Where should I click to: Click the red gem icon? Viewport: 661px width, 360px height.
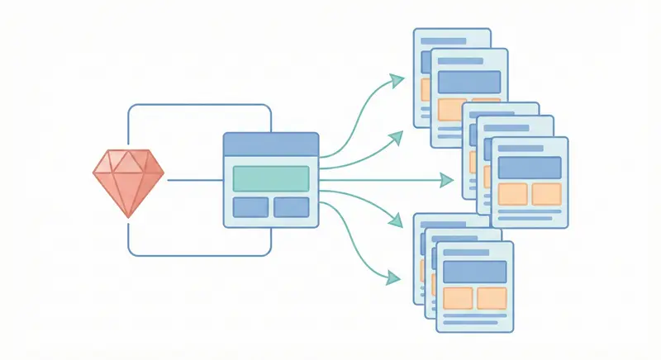(127, 181)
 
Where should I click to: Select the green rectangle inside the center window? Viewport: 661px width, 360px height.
(271, 178)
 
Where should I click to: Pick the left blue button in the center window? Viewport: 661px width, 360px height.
(250, 207)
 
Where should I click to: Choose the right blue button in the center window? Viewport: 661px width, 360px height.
(291, 207)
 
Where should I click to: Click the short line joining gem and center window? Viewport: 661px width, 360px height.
(195, 178)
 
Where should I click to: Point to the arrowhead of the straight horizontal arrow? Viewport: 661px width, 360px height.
(449, 179)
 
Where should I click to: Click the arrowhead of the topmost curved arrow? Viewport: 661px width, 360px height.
(398, 80)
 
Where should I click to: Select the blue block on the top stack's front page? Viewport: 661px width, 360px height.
(469, 82)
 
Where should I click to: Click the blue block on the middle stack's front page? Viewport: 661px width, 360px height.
(530, 168)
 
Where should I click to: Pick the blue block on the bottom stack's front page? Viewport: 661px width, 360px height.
(474, 272)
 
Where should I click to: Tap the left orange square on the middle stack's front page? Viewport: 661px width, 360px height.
(512, 194)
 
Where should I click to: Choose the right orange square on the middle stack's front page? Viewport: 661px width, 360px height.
(546, 194)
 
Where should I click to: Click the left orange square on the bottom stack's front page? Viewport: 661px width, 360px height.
(458, 298)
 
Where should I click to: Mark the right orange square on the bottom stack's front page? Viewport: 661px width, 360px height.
(492, 298)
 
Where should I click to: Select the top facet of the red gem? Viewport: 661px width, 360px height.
(127, 161)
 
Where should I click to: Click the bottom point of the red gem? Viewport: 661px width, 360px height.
(127, 215)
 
